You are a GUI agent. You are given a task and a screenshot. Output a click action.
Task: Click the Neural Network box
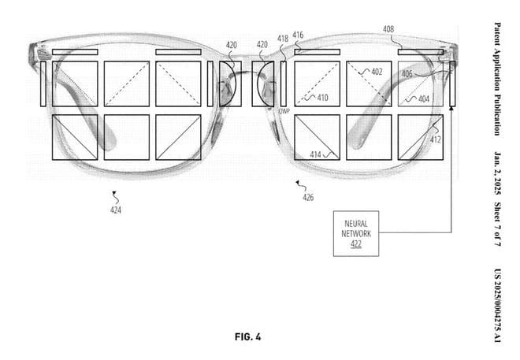356,233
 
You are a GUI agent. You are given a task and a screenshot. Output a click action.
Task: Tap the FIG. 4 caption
247,337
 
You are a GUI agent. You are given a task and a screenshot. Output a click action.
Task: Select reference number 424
116,210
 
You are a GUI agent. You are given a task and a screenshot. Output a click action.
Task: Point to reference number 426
308,198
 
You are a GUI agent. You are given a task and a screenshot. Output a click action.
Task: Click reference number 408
388,29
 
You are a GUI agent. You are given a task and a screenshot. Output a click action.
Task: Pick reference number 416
298,35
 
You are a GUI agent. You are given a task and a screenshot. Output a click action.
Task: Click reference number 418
283,38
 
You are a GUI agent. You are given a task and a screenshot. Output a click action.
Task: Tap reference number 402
377,72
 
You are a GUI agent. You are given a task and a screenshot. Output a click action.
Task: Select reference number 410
322,98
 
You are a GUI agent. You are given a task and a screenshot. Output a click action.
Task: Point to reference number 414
316,155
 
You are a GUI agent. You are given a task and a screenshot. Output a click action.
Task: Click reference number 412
436,139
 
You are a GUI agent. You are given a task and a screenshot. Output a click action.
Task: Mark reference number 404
423,99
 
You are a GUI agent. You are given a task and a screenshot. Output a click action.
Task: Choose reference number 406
407,74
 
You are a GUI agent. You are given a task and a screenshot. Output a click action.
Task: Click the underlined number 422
356,245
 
